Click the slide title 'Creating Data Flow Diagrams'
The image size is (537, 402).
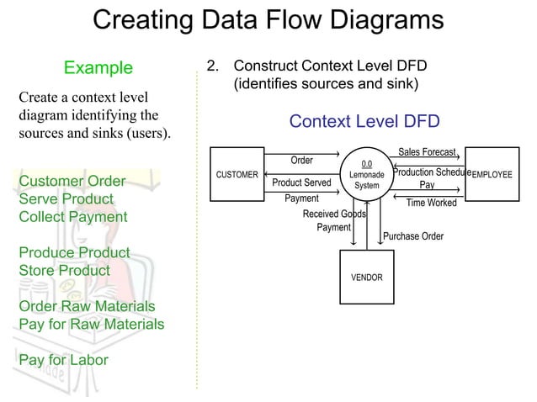[268, 20]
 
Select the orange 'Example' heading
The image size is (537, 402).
[98, 67]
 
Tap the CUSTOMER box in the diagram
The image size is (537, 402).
[237, 175]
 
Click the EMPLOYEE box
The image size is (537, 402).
[492, 175]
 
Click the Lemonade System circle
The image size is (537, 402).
[367, 175]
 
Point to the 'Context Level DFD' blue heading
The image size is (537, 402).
[364, 122]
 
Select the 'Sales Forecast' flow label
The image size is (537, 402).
[427, 152]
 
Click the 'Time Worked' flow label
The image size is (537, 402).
[431, 203]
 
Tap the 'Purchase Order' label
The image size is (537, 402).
[413, 236]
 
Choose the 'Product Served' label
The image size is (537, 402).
[301, 182]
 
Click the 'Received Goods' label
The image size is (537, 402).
[333, 214]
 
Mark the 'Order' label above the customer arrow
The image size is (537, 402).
[301, 160]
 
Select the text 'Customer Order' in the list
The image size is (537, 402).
[72, 182]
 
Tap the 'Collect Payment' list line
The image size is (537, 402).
[73, 217]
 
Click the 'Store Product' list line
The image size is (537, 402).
[65, 271]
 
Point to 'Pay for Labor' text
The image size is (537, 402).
[63, 360]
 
